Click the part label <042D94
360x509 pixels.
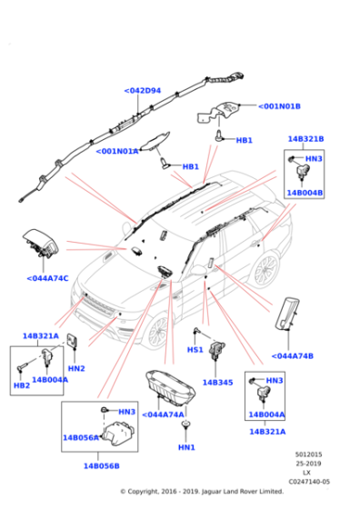click(x=142, y=91)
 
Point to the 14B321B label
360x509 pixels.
click(x=305, y=139)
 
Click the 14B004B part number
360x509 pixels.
click(x=305, y=193)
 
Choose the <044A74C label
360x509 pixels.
click(x=47, y=277)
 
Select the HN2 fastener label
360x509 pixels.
click(x=76, y=368)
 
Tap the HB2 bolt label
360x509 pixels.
click(x=21, y=386)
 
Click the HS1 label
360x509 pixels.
click(x=195, y=349)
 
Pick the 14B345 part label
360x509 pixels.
click(x=218, y=383)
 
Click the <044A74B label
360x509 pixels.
click(x=293, y=355)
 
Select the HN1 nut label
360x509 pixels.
click(x=186, y=447)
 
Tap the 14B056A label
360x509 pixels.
click(x=81, y=437)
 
